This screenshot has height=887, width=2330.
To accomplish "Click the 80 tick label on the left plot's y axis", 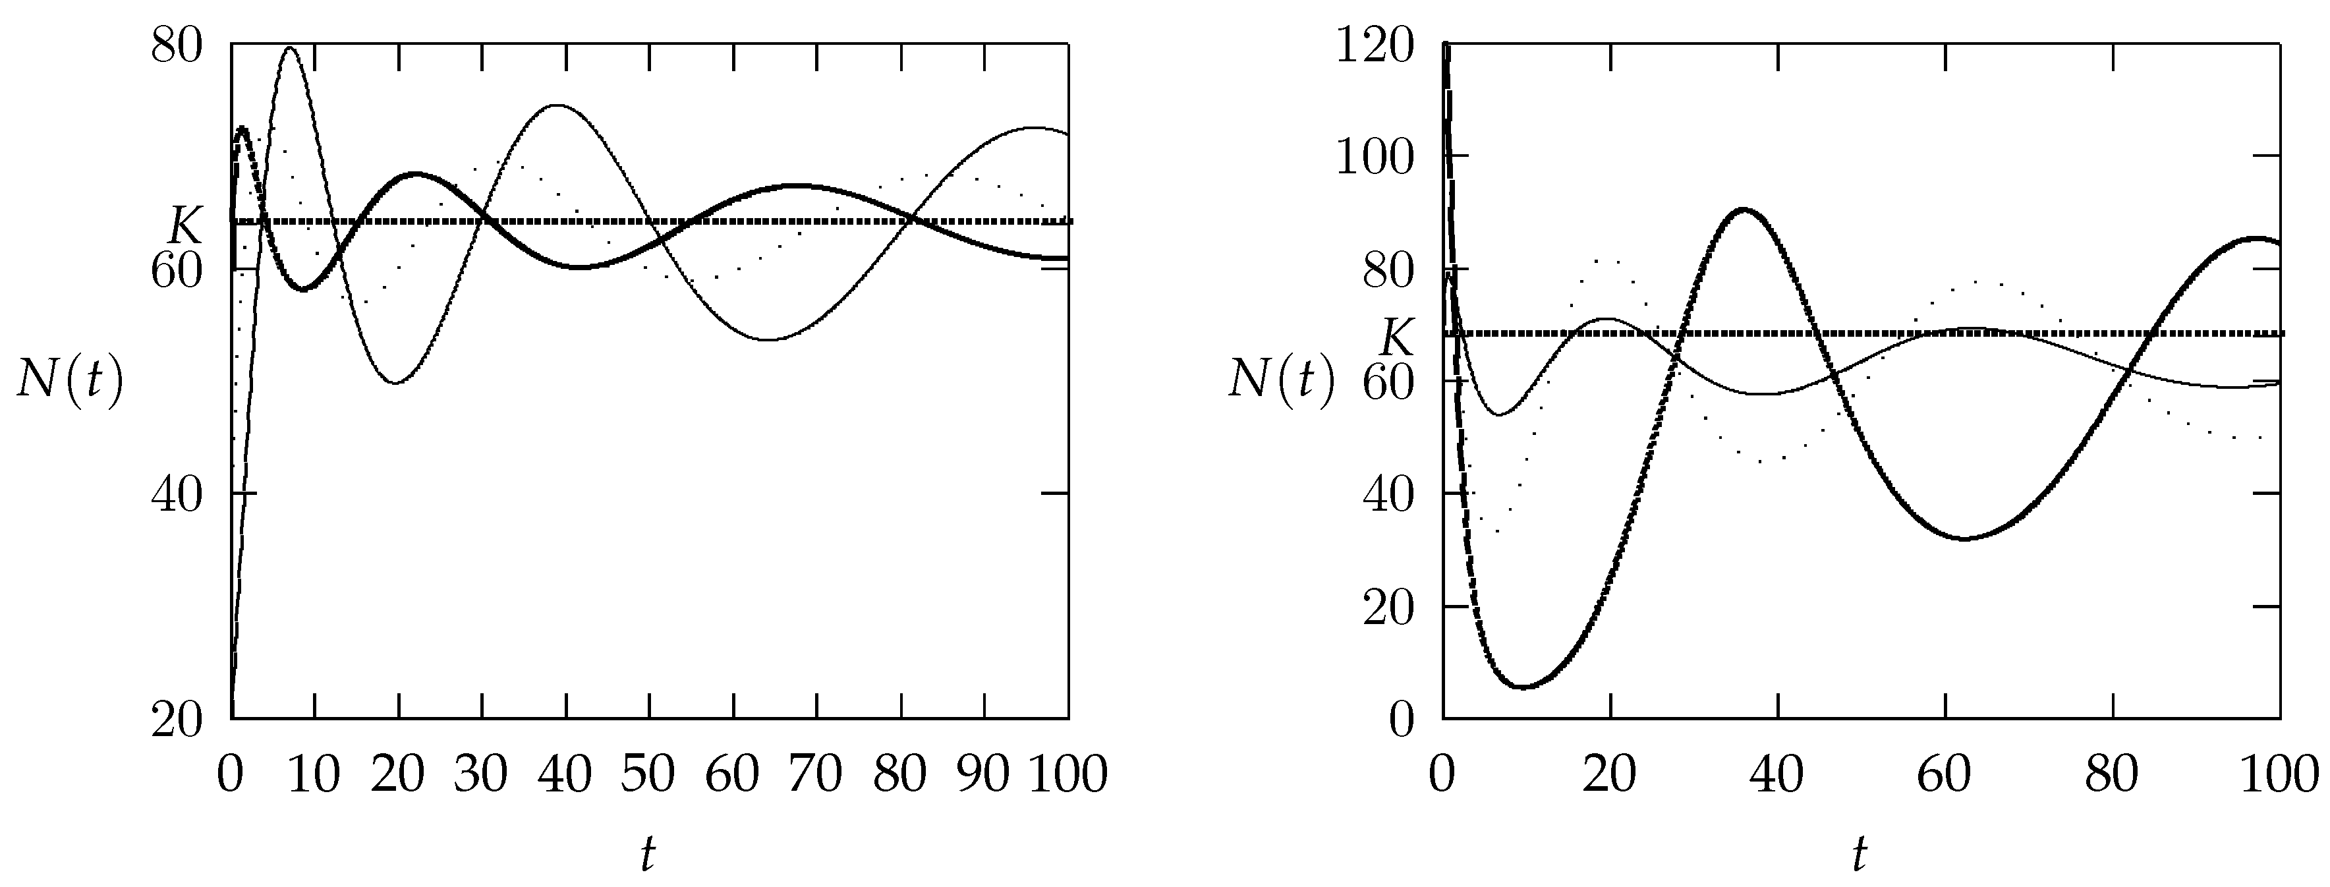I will tap(177, 45).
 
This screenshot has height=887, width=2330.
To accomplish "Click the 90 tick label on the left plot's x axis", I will tap(983, 775).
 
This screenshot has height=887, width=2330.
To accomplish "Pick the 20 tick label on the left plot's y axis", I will tap(177, 721).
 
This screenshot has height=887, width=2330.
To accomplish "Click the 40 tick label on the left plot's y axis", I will tap(177, 495).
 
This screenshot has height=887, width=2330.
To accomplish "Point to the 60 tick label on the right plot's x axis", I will tap(1945, 775).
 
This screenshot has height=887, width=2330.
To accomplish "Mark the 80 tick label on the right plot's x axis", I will tap(2112, 775).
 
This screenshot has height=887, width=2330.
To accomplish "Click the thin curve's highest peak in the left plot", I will tap(289, 48).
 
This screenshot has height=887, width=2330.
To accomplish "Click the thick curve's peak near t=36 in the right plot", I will tap(1743, 210).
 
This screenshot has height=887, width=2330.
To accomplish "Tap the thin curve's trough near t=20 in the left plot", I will tap(396, 382).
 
